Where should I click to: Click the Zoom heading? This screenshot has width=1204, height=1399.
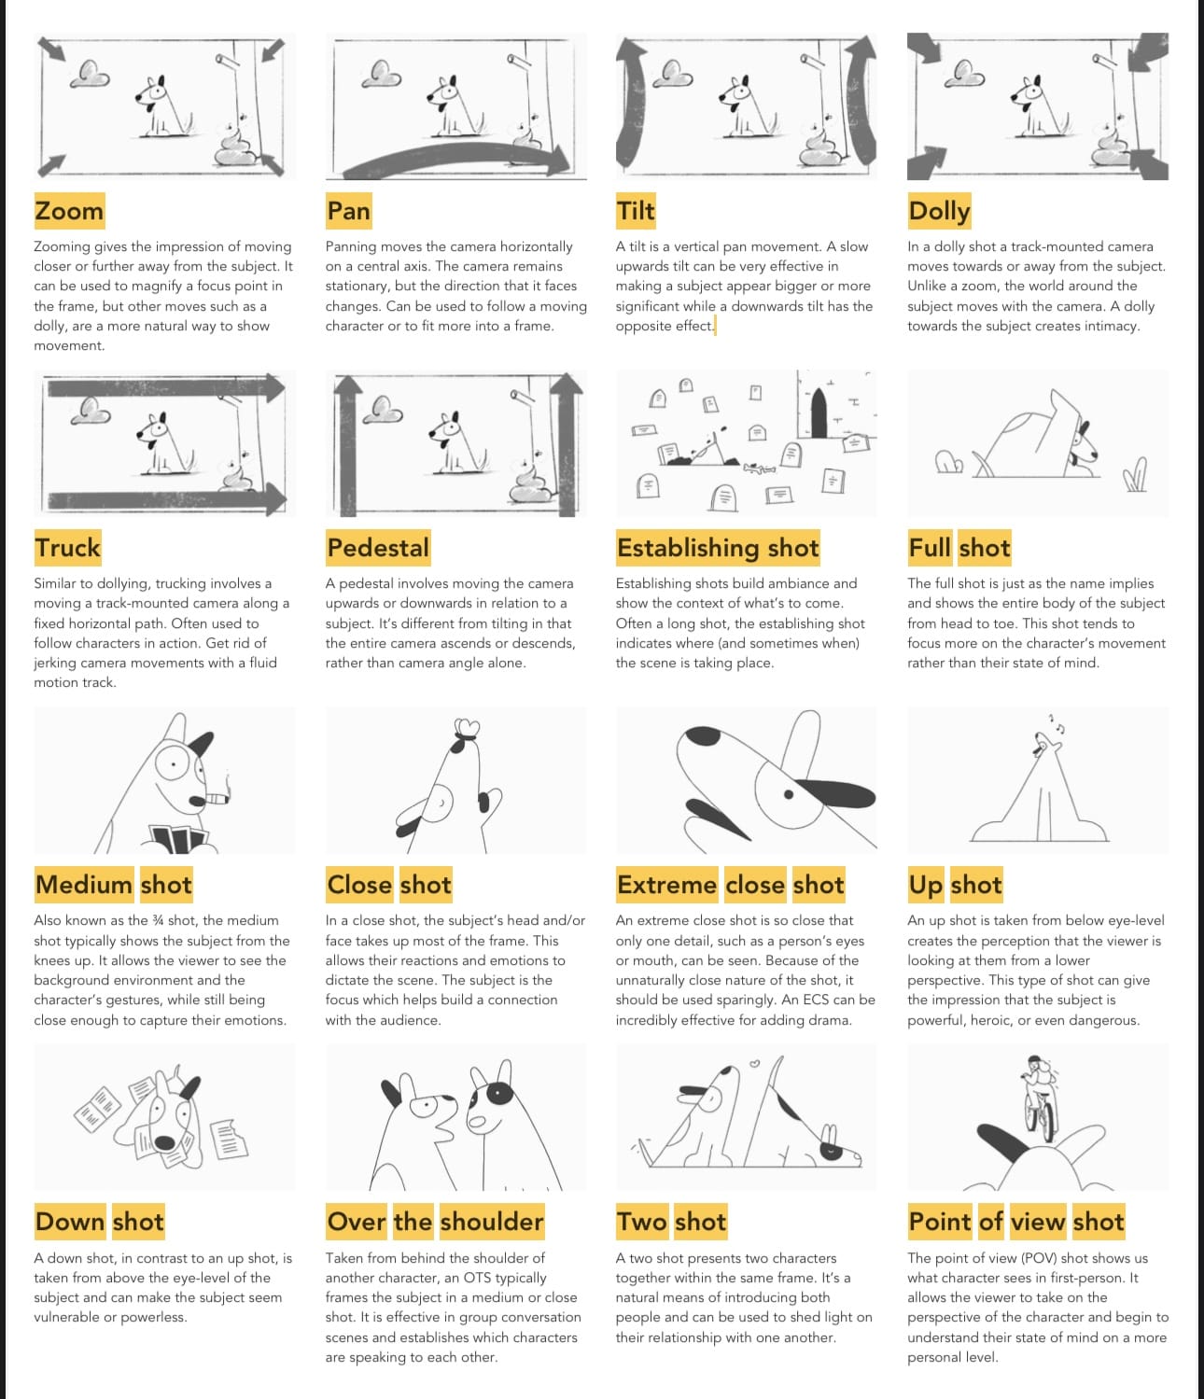click(69, 211)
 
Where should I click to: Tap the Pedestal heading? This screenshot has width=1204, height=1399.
click(378, 548)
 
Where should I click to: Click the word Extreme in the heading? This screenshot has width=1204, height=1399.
click(666, 885)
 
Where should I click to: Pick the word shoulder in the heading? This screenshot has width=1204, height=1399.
click(492, 1222)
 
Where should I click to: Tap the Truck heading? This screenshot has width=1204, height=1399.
click(68, 548)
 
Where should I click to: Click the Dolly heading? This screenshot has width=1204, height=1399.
click(939, 211)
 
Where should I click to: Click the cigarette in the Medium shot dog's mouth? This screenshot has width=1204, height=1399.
click(216, 799)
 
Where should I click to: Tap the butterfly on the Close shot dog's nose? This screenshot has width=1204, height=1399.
click(467, 729)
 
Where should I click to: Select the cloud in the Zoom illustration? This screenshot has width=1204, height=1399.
click(91, 74)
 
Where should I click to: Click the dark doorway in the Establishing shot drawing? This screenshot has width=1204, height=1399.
click(819, 413)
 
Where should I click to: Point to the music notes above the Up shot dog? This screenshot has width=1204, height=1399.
click(1057, 723)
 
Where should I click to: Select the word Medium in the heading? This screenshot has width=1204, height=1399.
click(84, 885)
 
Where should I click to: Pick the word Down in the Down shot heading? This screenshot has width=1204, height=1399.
click(70, 1222)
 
